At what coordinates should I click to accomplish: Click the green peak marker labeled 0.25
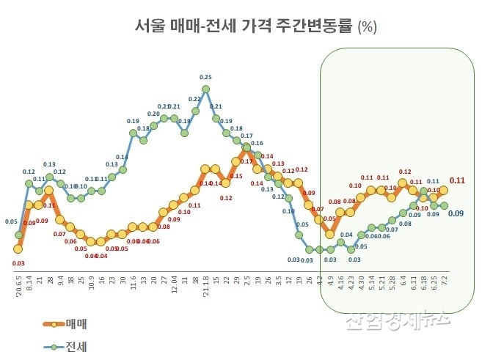coord(206,89)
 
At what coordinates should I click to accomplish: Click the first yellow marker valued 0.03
coord(18,249)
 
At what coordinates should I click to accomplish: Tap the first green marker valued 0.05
coord(18,235)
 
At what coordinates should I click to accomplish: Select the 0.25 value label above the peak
coord(206,77)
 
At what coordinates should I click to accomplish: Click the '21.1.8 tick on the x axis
coord(206,286)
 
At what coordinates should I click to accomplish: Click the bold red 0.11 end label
coord(457,180)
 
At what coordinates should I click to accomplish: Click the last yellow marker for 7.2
coord(444,191)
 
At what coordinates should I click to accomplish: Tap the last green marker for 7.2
coord(444,206)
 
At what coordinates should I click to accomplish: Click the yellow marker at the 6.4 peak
coord(402,183)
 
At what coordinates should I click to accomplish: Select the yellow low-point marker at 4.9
coord(330,235)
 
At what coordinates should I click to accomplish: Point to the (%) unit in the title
coord(367,28)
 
